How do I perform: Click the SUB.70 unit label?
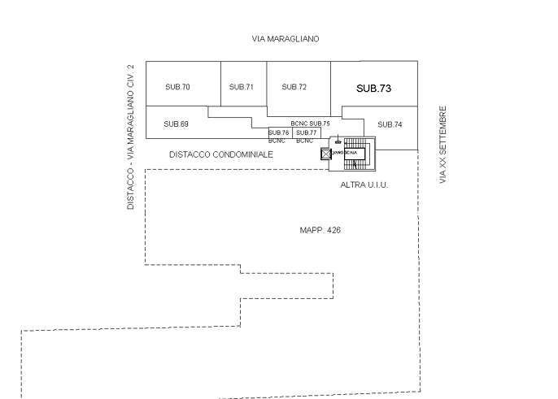pyautogui.click(x=177, y=87)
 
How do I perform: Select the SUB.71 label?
pyautogui.click(x=241, y=87)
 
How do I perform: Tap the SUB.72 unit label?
pyautogui.click(x=293, y=87)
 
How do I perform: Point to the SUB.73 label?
pyautogui.click(x=373, y=88)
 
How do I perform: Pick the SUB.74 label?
pyautogui.click(x=390, y=124)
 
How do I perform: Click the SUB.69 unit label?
pyautogui.click(x=176, y=124)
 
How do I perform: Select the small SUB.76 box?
pyautogui.click(x=279, y=132)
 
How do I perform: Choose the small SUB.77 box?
pyautogui.click(x=306, y=132)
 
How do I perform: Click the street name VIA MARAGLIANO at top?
pyautogui.click(x=285, y=39)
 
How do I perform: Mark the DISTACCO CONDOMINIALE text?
pyautogui.click(x=220, y=154)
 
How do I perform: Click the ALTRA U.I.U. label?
pyautogui.click(x=364, y=185)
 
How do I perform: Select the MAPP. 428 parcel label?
pyautogui.click(x=320, y=231)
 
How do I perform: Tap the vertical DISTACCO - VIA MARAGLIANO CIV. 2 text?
pyautogui.click(x=129, y=137)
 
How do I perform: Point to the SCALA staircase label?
pyautogui.click(x=351, y=152)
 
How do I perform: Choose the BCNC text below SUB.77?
pyautogui.click(x=305, y=141)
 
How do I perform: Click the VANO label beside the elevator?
pyautogui.click(x=337, y=152)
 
